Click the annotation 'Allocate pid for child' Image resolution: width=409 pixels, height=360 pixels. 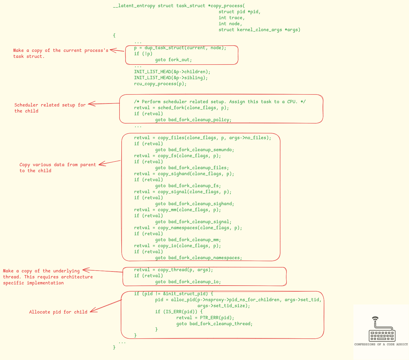[x=58, y=312]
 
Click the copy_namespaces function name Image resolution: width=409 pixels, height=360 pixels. [x=177, y=228]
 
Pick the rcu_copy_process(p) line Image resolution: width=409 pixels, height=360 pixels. [x=160, y=84]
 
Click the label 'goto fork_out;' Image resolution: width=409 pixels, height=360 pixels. [x=173, y=60]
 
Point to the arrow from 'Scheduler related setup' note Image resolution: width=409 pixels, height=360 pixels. [x=104, y=104]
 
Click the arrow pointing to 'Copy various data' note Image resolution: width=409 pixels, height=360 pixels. [x=110, y=162]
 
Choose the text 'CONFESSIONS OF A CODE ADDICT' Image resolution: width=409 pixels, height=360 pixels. [x=381, y=344]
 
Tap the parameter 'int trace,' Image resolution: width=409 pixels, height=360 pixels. [x=232, y=18]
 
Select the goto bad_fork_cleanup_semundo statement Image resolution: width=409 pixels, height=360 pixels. [x=195, y=150]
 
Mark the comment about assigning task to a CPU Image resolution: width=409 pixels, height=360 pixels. [x=220, y=102]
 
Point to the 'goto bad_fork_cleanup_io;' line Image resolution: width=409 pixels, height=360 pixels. [x=188, y=282]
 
